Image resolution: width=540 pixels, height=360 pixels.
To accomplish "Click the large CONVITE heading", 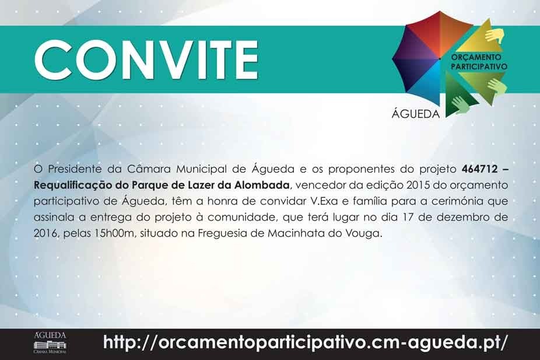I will (146, 58).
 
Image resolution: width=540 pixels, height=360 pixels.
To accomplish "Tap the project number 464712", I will (479, 170).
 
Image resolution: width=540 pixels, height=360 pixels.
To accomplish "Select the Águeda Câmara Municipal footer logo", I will (51, 343).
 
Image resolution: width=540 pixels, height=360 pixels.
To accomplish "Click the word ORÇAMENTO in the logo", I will (477, 58).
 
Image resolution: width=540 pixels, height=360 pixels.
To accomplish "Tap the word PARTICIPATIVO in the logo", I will (479, 67).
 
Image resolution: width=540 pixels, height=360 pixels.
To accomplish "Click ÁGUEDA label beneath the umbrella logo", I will (416, 113).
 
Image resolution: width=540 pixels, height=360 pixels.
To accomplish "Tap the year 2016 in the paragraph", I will (45, 233).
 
